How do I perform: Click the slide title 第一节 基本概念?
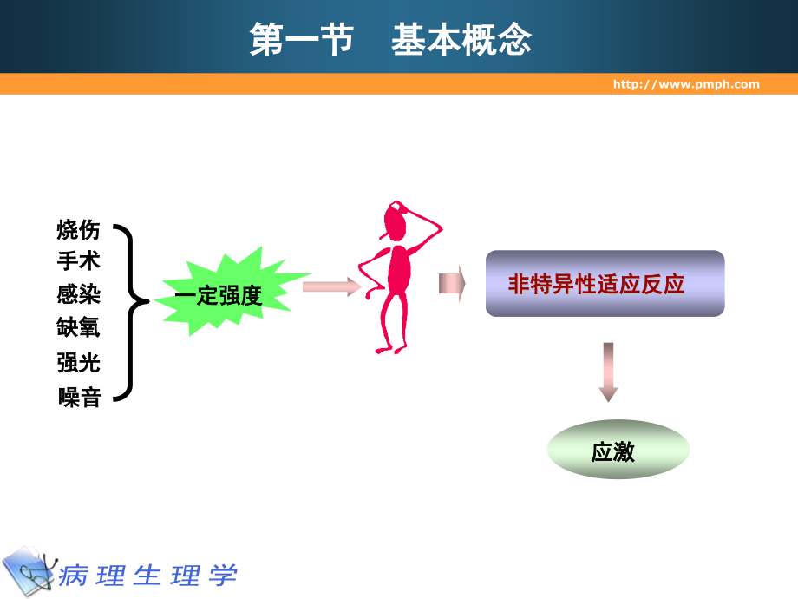[x=390, y=41]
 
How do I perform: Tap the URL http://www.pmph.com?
[x=685, y=84]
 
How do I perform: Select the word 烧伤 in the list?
[x=79, y=230]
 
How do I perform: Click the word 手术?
[x=79, y=261]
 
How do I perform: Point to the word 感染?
[x=79, y=295]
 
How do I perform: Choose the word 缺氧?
[x=79, y=327]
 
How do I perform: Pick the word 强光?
[x=79, y=362]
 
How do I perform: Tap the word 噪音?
[x=80, y=398]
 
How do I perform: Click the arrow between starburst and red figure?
[x=330, y=286]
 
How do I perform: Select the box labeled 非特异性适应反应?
[x=605, y=284]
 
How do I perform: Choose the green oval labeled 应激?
[x=618, y=451]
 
